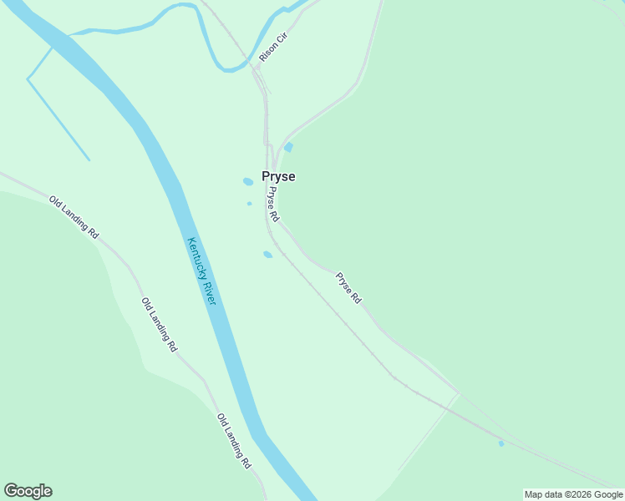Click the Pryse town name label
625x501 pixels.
278,177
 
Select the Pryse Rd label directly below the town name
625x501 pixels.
272,204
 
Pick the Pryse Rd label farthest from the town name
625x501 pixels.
348,287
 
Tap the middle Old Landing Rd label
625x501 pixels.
159,324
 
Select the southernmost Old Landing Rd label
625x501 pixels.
234,440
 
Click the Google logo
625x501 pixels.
28,491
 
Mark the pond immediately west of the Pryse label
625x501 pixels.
248,181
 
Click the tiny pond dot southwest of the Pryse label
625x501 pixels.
249,203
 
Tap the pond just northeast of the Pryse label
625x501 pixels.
288,148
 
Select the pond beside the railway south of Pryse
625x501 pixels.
267,255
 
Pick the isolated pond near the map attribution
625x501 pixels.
501,443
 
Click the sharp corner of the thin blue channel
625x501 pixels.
28,79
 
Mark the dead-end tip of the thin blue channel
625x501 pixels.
89,160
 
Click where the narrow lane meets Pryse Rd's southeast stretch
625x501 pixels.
458,393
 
